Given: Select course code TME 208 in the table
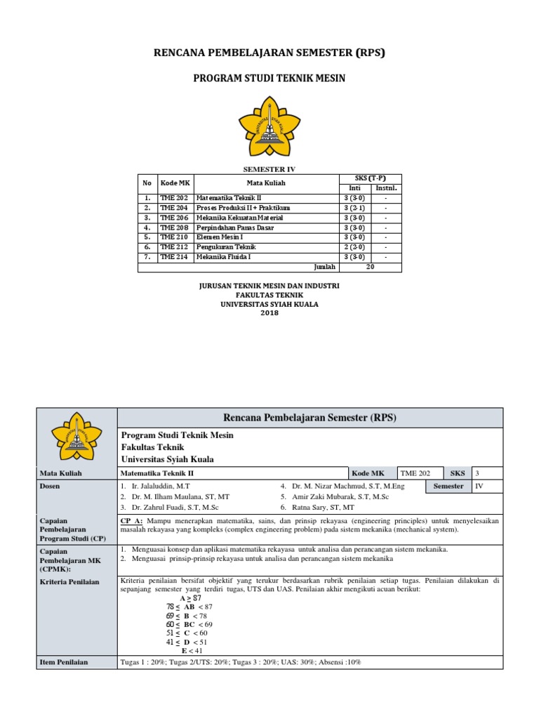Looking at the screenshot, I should [x=173, y=227].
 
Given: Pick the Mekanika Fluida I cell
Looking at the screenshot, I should [x=222, y=257].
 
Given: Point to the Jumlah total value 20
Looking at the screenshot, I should [x=371, y=267].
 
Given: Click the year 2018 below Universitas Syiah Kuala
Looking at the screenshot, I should [x=269, y=313].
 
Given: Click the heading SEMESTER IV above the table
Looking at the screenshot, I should [x=269, y=169].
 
